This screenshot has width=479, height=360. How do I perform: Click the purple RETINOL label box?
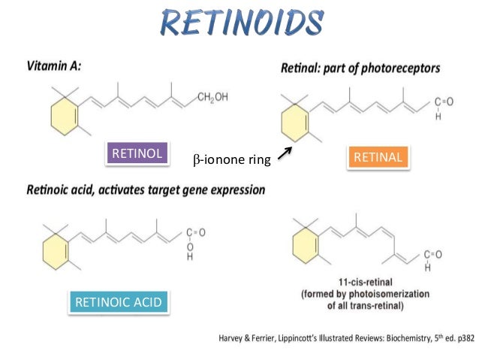coord(137,153)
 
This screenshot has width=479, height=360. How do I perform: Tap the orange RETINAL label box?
coord(378,157)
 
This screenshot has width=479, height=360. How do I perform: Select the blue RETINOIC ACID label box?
coord(117,302)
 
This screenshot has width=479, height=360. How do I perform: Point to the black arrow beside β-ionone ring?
coord(284,154)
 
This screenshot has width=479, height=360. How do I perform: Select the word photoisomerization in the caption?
coord(411,297)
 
